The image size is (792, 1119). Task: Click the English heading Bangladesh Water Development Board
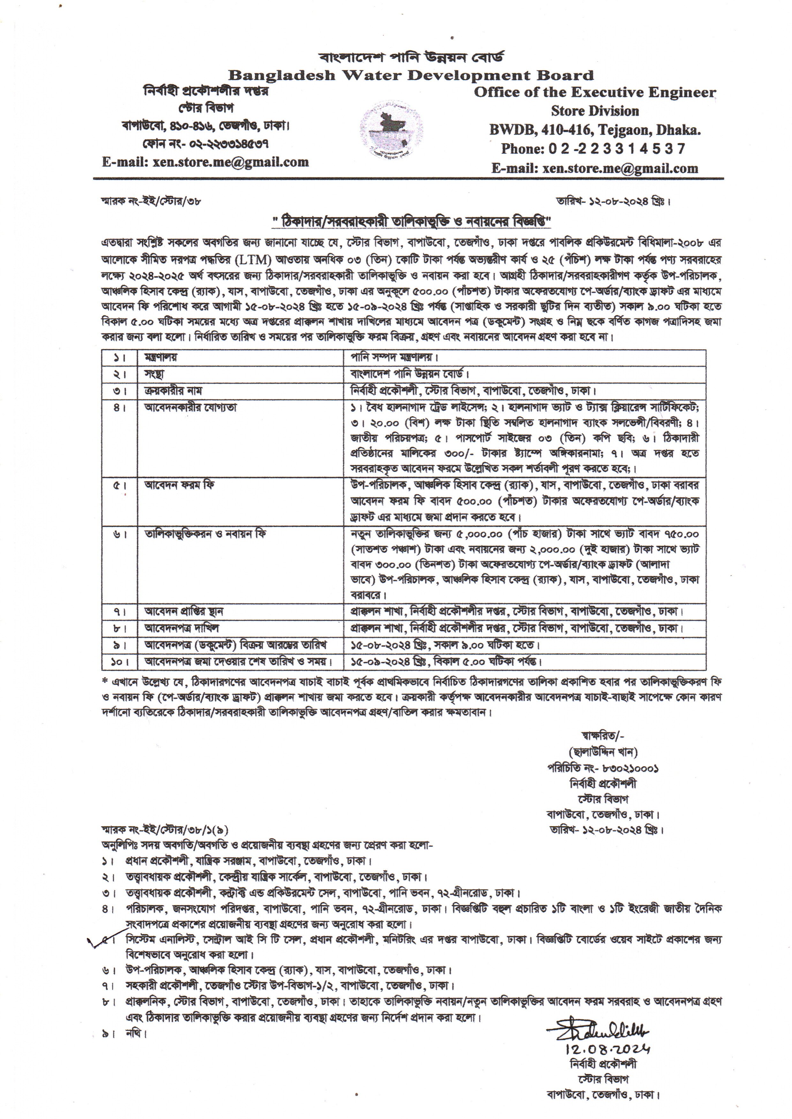click(x=411, y=76)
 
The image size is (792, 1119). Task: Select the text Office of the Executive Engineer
click(x=594, y=93)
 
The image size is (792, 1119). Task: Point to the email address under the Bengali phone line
click(x=205, y=162)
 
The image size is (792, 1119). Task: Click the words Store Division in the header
click(x=594, y=111)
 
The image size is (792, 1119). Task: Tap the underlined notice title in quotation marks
click(x=411, y=222)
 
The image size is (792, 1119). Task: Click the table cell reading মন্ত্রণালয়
click(x=161, y=357)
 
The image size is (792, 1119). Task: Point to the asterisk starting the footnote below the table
click(x=105, y=681)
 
